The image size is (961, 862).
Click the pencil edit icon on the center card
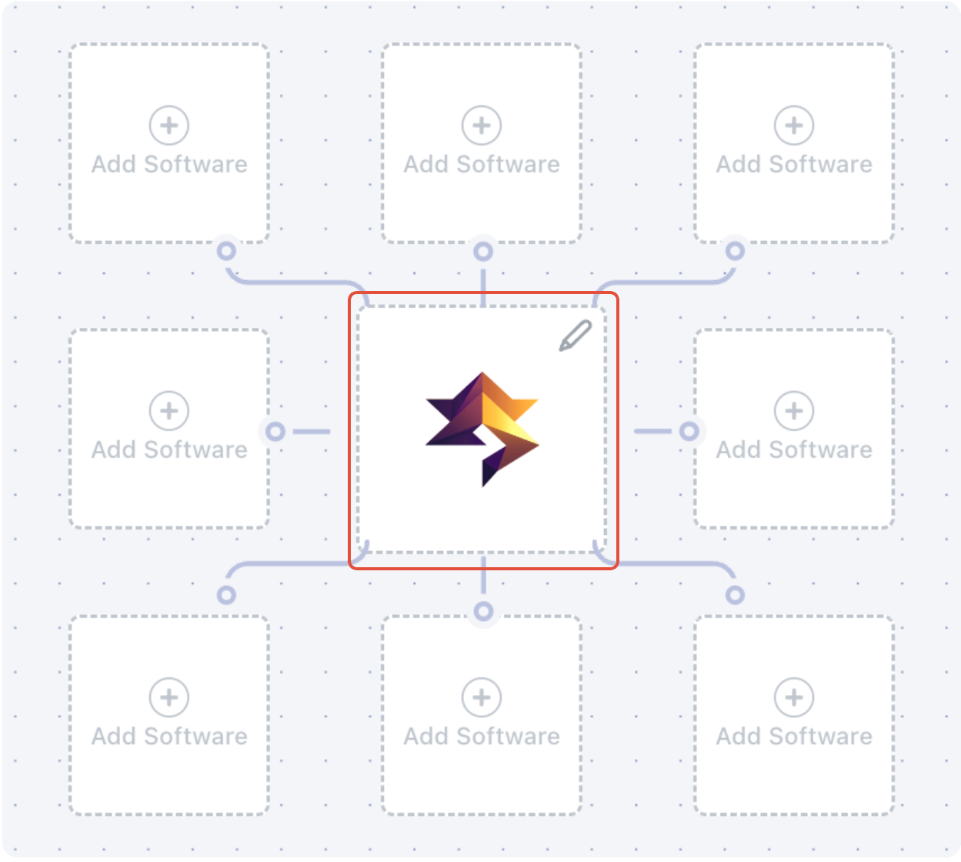click(x=575, y=336)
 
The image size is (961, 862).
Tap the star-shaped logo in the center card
click(x=482, y=428)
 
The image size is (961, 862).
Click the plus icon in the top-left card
click(x=169, y=125)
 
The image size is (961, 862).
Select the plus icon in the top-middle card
click(x=482, y=125)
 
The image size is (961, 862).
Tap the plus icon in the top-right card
click(x=794, y=125)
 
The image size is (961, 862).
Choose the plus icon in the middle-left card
click(x=169, y=410)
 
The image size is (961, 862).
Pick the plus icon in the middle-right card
click(x=794, y=410)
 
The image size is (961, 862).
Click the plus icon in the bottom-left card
click(x=169, y=697)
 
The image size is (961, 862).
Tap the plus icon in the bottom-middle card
click(x=482, y=697)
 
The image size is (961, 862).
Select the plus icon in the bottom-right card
click(x=794, y=697)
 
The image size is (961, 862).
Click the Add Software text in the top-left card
click(x=169, y=164)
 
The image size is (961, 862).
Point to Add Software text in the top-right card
click(x=794, y=164)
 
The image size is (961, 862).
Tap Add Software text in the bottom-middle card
click(x=482, y=736)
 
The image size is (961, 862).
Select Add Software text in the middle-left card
click(x=169, y=449)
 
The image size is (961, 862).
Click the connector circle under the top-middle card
click(x=483, y=251)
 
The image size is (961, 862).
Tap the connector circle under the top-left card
click(x=226, y=251)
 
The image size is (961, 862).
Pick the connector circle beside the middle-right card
click(x=689, y=431)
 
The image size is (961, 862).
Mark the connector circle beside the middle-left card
click(x=275, y=431)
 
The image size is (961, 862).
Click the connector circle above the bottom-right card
click(x=736, y=594)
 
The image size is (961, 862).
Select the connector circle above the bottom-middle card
click(x=483, y=611)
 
